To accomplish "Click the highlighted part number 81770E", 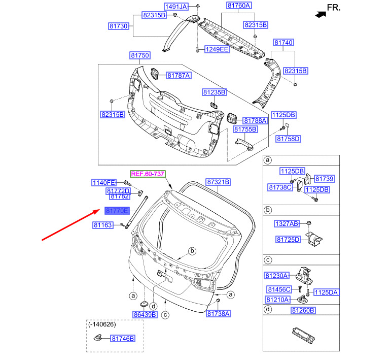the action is pyautogui.click(x=117, y=211).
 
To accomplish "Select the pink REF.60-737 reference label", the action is pyautogui.click(x=148, y=174).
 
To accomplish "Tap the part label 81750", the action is pyautogui.click(x=140, y=55).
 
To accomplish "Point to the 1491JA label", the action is pyautogui.click(x=176, y=7).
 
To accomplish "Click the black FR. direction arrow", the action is pyautogui.click(x=321, y=15).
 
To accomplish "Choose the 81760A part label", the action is pyautogui.click(x=239, y=5).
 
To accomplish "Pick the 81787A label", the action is pyautogui.click(x=179, y=76).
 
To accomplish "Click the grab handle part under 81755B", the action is pyautogui.click(x=244, y=144).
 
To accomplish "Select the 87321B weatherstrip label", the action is pyautogui.click(x=218, y=182).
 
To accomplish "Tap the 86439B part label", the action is pyautogui.click(x=145, y=315).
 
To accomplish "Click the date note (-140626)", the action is pyautogui.click(x=102, y=324).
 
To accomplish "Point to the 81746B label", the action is pyautogui.click(x=123, y=339).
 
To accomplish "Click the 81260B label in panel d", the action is pyautogui.click(x=303, y=310).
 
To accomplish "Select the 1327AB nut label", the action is pyautogui.click(x=287, y=223).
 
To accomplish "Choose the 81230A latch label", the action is pyautogui.click(x=276, y=276).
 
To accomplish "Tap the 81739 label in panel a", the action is pyautogui.click(x=325, y=179).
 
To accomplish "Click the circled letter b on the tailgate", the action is pyautogui.click(x=192, y=251).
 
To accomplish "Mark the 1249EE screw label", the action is pyautogui.click(x=217, y=49).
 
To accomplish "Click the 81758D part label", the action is pyautogui.click(x=288, y=139).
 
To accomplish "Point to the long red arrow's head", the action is pyautogui.click(x=99, y=210).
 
